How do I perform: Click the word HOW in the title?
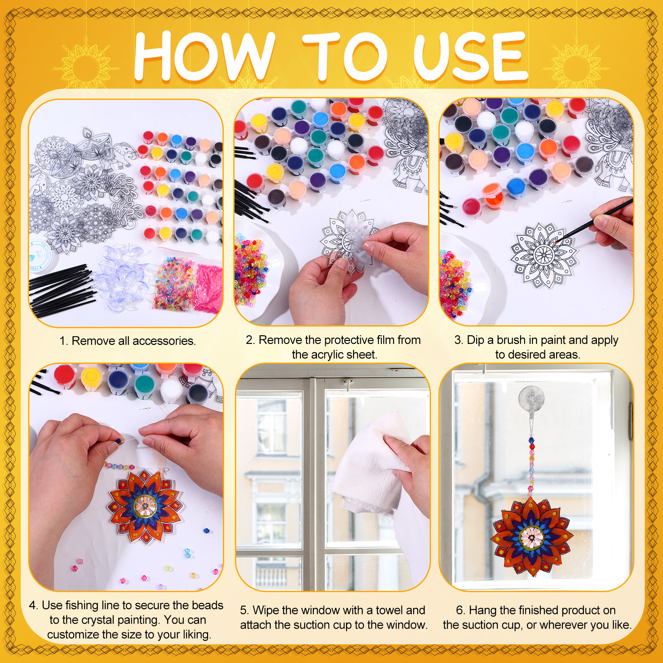tap(204, 56)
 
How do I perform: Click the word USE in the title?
tap(470, 56)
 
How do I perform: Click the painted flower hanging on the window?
tap(532, 537)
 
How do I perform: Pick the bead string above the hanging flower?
tap(531, 466)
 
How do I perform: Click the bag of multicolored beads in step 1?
tap(174, 285)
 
